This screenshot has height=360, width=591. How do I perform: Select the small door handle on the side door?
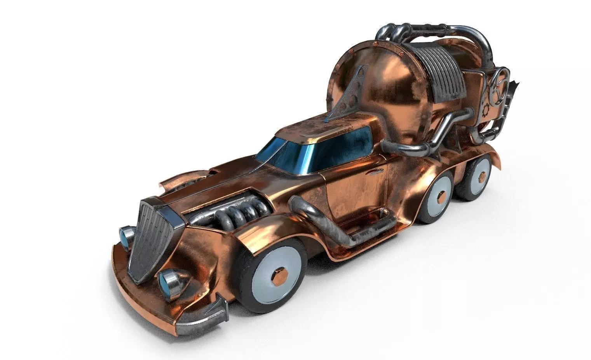tap(375, 173)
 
